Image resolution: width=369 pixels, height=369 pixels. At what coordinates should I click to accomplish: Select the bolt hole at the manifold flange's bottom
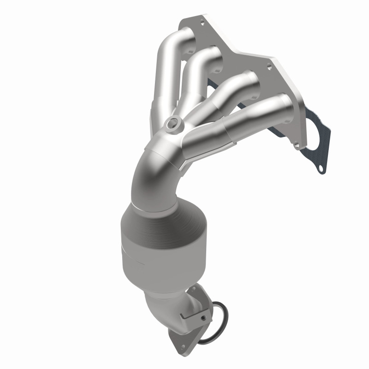[295, 147]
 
